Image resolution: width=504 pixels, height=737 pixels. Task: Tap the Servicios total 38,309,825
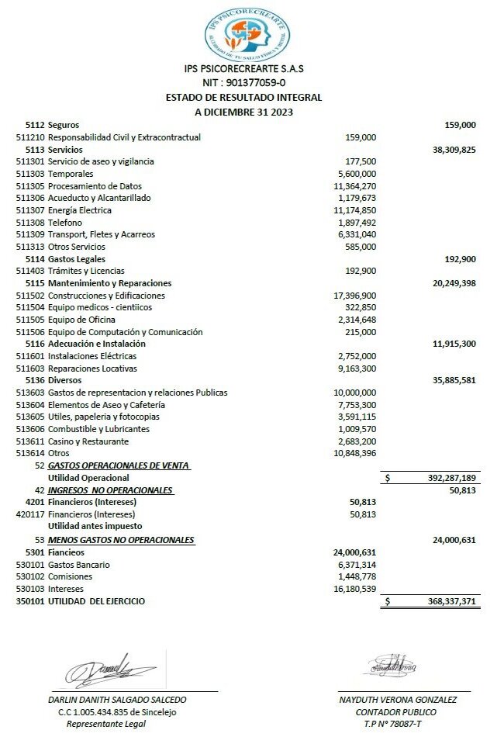click(x=454, y=149)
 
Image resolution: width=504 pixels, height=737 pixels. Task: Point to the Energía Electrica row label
click(x=80, y=210)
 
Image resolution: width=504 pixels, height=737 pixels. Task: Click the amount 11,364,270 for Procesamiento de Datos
click(x=354, y=186)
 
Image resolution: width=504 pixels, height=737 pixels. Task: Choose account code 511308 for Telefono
click(x=30, y=223)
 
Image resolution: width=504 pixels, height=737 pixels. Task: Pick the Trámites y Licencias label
click(x=86, y=271)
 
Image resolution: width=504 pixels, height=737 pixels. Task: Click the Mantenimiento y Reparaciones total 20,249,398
click(x=454, y=283)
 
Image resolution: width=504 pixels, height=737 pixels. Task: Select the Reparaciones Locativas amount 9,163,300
click(x=357, y=368)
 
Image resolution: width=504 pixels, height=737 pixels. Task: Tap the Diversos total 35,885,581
click(x=454, y=380)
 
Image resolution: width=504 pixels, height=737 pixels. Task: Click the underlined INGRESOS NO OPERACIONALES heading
click(x=110, y=490)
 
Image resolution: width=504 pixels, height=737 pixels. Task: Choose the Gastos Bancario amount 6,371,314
click(x=357, y=565)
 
